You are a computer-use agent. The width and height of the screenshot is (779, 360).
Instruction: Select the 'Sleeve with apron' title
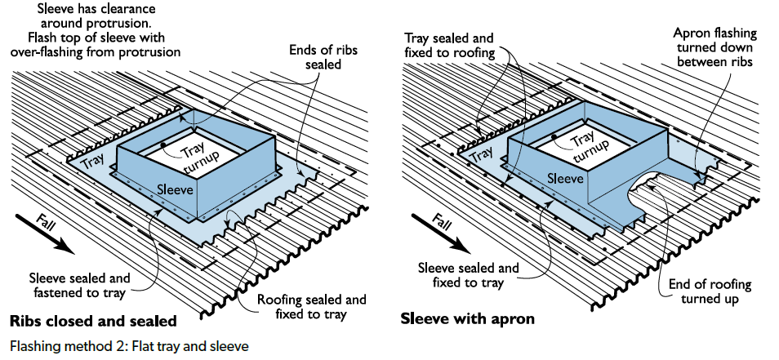(x=467, y=318)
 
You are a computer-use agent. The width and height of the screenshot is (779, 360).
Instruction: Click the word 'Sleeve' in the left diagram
(x=175, y=189)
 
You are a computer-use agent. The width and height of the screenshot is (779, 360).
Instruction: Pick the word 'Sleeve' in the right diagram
(x=565, y=178)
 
